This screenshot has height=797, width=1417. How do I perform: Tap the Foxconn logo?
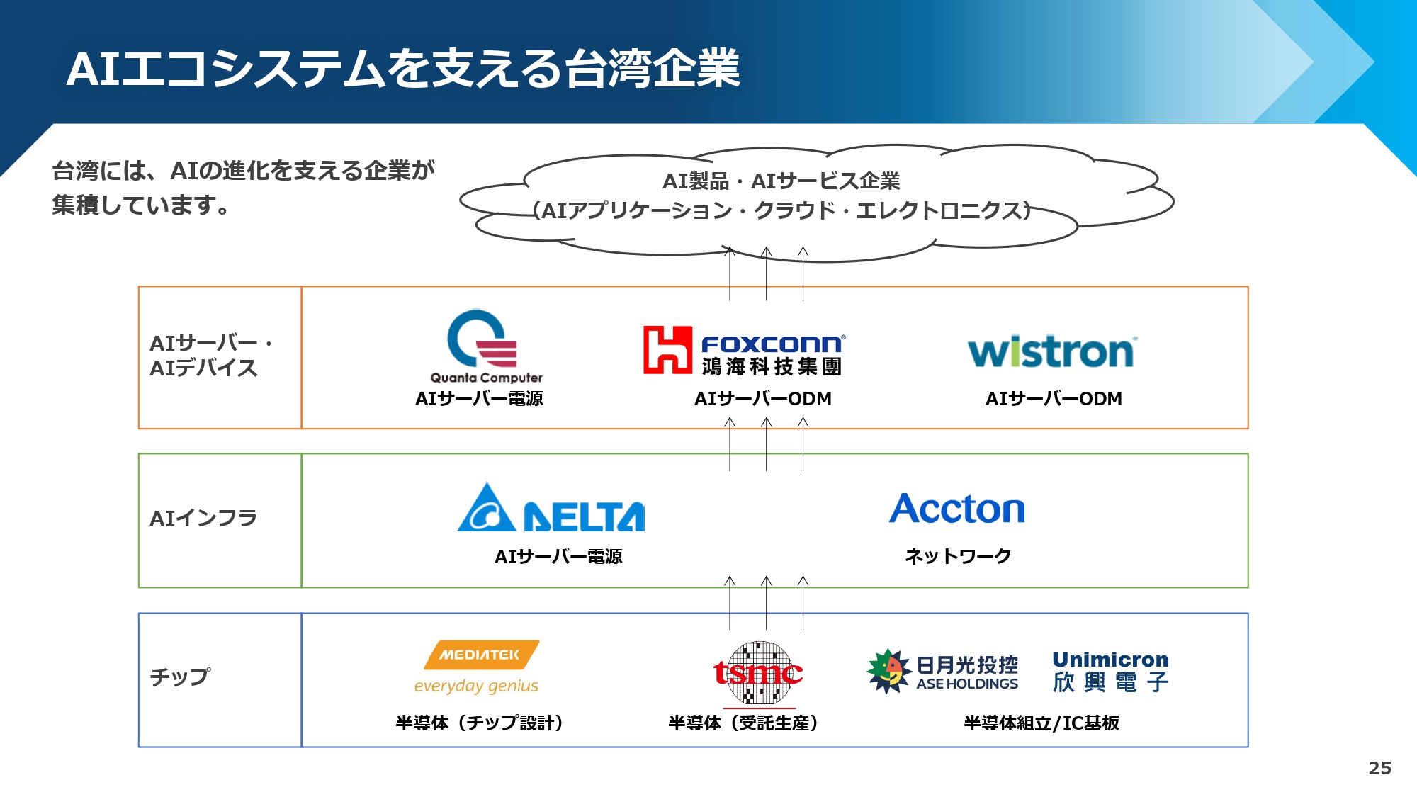tap(744, 351)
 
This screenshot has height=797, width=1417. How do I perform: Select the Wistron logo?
tap(1053, 351)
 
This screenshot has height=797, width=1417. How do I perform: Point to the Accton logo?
tap(957, 509)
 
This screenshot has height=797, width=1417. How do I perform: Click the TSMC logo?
tap(758, 674)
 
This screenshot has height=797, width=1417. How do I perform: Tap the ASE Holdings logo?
tap(942, 671)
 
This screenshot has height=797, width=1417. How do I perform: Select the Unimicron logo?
tap(1110, 671)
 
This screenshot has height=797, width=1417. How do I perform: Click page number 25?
tap(1379, 768)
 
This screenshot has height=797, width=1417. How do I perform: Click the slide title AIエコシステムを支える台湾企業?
tap(403, 69)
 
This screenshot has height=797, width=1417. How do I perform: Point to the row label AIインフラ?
tap(203, 518)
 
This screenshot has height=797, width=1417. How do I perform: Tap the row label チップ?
tap(180, 677)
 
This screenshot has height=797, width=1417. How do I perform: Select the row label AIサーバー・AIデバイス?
tap(211, 356)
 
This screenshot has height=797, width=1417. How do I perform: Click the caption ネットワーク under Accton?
tap(958, 556)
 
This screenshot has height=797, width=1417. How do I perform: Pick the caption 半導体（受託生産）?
tap(743, 723)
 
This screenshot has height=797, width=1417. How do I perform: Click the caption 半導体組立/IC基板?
tap(1041, 723)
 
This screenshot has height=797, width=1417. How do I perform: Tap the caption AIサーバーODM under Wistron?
tap(1054, 399)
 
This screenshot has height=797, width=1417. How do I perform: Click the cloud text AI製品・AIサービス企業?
tap(781, 181)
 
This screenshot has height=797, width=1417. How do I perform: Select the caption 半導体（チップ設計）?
tap(480, 723)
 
